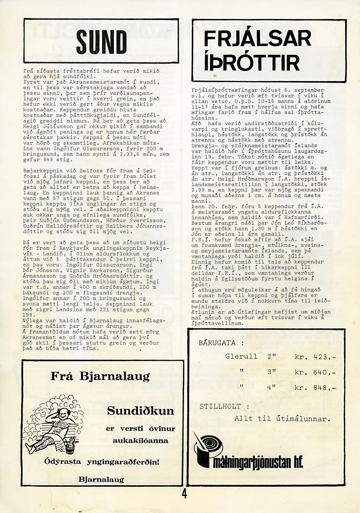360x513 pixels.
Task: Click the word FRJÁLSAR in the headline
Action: [257, 38]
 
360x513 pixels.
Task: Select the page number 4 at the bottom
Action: [184, 495]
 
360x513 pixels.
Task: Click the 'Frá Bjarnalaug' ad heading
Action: [100, 376]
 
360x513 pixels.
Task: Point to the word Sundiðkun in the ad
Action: [140, 411]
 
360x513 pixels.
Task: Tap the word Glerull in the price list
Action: [241, 357]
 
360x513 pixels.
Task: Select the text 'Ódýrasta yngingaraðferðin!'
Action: [102, 461]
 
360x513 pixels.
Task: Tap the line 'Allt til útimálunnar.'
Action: [282, 418]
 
